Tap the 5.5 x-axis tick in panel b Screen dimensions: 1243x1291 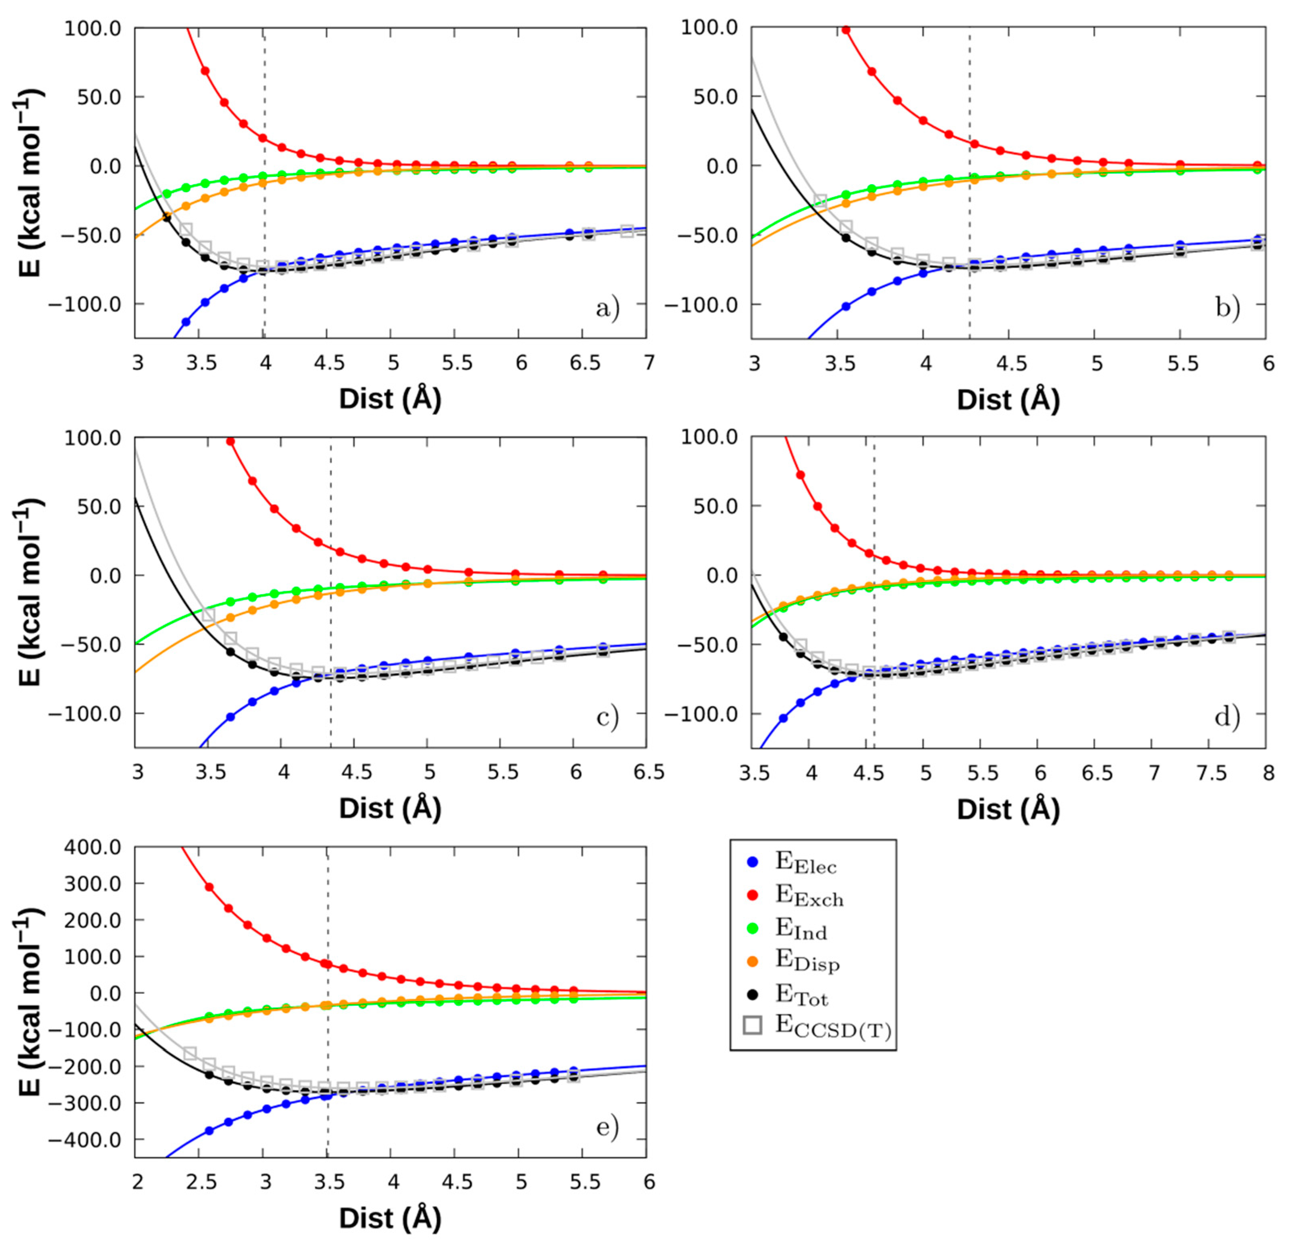1182,363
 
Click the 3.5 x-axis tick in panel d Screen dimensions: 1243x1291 753,773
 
